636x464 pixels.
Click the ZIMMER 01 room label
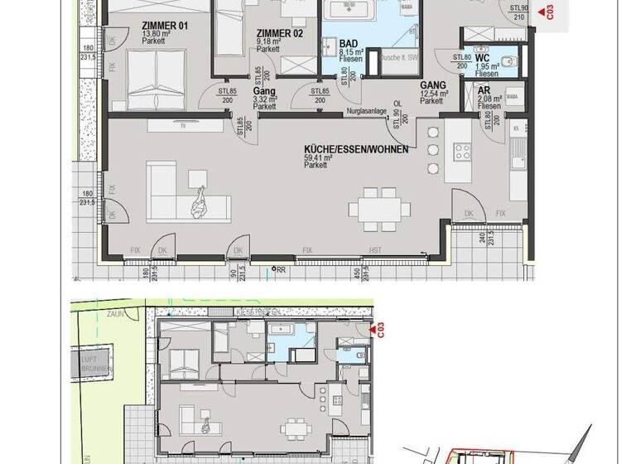tap(165, 26)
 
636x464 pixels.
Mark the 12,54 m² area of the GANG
tap(434, 94)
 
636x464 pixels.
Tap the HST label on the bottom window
tap(373, 250)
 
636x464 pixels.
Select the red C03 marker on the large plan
tap(545, 12)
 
